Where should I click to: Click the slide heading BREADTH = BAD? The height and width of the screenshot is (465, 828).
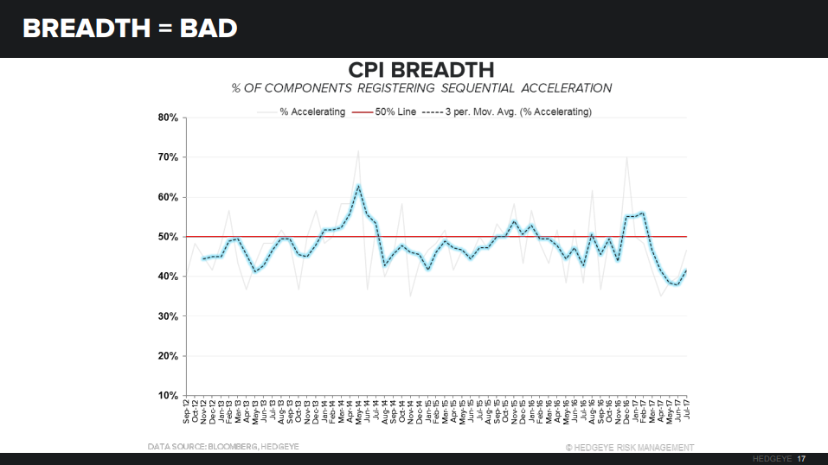(x=130, y=29)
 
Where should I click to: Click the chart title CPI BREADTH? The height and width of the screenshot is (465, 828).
(x=420, y=69)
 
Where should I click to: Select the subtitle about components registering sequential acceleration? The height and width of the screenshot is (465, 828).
(x=421, y=88)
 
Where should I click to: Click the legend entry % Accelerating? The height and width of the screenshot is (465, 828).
(x=311, y=112)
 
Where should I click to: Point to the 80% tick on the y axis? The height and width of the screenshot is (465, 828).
(x=168, y=118)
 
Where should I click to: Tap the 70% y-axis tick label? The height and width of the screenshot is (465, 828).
(x=168, y=157)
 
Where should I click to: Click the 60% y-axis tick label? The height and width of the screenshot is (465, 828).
(x=168, y=197)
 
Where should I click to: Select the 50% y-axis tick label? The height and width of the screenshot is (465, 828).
(x=168, y=237)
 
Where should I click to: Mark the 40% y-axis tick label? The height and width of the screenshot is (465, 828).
(x=168, y=277)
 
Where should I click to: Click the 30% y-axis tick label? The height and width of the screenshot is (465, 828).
(x=168, y=316)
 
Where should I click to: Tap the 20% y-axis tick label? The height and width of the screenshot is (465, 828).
(x=168, y=356)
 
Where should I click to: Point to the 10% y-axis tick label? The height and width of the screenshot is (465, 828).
(x=168, y=396)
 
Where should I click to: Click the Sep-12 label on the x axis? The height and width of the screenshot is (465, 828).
(x=187, y=412)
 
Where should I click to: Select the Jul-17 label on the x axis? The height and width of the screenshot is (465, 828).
(x=687, y=412)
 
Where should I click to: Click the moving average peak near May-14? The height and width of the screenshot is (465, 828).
(x=358, y=185)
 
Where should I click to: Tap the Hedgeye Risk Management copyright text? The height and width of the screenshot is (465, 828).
(x=629, y=447)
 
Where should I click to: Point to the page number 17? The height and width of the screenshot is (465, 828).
(x=802, y=458)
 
